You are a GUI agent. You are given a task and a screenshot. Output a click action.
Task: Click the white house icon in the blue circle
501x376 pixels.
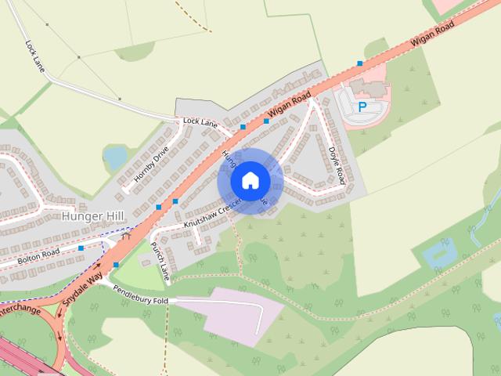250,180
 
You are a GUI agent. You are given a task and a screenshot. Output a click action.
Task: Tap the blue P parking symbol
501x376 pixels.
362,107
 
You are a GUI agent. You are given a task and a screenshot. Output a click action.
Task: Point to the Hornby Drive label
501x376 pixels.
151,165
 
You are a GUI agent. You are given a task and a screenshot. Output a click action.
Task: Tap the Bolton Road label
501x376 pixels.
40,255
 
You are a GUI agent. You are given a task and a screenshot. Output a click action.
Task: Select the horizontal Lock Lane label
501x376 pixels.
200,122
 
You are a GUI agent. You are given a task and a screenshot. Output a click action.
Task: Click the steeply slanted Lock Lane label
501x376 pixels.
36,58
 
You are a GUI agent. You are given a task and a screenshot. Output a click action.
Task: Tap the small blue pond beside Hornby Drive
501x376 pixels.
116,157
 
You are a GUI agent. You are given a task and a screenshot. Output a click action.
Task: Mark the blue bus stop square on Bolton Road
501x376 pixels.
81,248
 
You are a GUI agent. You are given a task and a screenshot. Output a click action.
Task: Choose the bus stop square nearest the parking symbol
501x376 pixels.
360,63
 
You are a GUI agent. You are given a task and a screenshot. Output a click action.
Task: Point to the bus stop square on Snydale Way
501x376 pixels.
116,265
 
